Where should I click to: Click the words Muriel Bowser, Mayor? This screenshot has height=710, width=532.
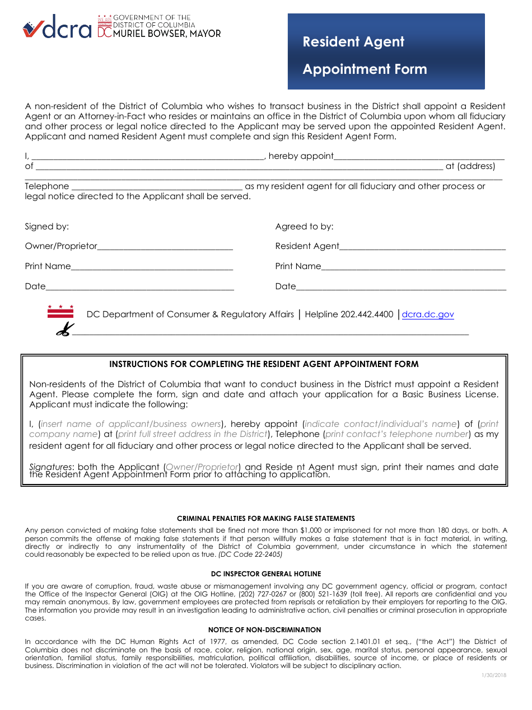click(x=167, y=34)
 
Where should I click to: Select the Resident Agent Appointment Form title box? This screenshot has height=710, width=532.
click(x=386, y=52)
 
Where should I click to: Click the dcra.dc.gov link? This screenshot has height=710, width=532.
click(x=428, y=314)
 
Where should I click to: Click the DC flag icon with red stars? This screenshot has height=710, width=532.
click(x=60, y=312)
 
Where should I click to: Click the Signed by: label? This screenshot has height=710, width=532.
click(x=47, y=227)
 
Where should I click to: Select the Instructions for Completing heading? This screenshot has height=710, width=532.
click(x=264, y=364)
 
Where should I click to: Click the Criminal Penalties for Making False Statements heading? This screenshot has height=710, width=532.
click(x=266, y=519)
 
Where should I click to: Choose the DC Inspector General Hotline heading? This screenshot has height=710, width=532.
click(x=266, y=574)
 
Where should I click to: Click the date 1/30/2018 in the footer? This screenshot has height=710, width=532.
click(x=493, y=676)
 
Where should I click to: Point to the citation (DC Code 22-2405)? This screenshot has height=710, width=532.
click(x=250, y=554)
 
